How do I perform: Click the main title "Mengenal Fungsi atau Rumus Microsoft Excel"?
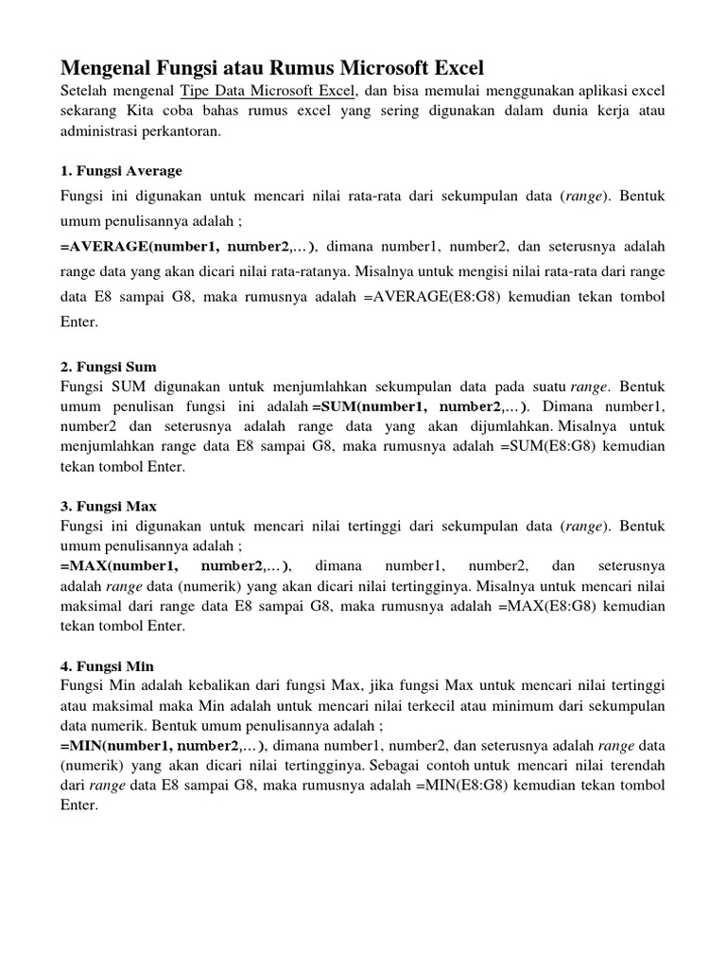click(272, 68)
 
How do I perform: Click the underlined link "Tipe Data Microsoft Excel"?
click(268, 91)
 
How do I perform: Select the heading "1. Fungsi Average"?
click(122, 171)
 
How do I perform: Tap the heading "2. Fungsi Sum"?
click(109, 366)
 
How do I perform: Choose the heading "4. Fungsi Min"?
click(108, 665)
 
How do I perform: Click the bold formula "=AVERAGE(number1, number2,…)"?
click(190, 248)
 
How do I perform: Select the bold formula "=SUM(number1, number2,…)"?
click(421, 407)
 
